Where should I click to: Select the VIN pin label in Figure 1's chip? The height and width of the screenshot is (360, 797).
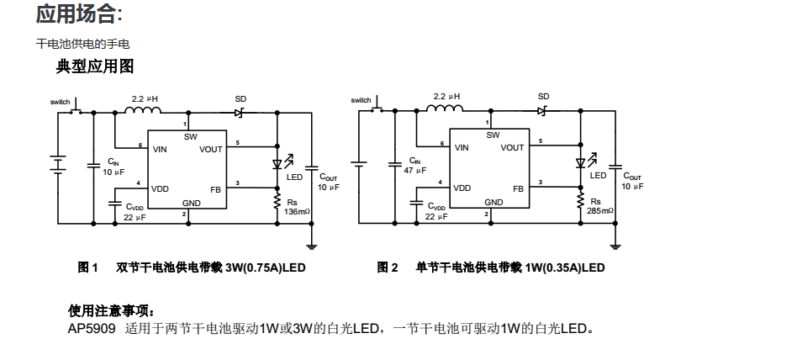[161, 149]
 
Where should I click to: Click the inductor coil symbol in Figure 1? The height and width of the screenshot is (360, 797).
[144, 109]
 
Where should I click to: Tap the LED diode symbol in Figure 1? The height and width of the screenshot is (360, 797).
[277, 164]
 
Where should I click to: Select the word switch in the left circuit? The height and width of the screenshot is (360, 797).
[61, 102]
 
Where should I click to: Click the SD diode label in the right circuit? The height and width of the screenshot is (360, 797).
[544, 98]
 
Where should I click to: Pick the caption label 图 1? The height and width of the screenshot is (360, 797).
[88, 268]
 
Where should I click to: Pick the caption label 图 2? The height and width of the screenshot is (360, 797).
[388, 268]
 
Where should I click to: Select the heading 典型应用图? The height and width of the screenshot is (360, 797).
[95, 66]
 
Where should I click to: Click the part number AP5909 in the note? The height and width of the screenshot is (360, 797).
[92, 328]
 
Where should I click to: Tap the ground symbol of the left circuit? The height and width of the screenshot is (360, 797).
[312, 246]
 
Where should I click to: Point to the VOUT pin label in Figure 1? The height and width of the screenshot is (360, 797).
[211, 149]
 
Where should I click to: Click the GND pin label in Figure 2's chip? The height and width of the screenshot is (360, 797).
[494, 203]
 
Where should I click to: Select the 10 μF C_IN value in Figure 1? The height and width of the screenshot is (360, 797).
[114, 171]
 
